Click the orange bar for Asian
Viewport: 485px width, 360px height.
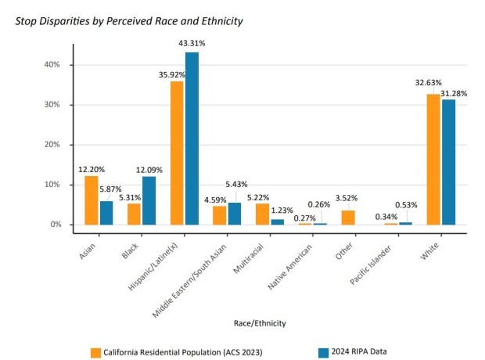click(x=92, y=200)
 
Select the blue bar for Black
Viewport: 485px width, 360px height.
click(x=149, y=201)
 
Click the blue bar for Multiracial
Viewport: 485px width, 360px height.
click(x=277, y=222)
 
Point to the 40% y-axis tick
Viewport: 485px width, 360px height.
click(x=51, y=65)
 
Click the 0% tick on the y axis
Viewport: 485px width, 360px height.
click(x=54, y=225)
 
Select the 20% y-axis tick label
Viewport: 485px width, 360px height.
click(x=51, y=145)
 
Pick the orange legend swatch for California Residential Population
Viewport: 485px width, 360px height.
click(x=96, y=351)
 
